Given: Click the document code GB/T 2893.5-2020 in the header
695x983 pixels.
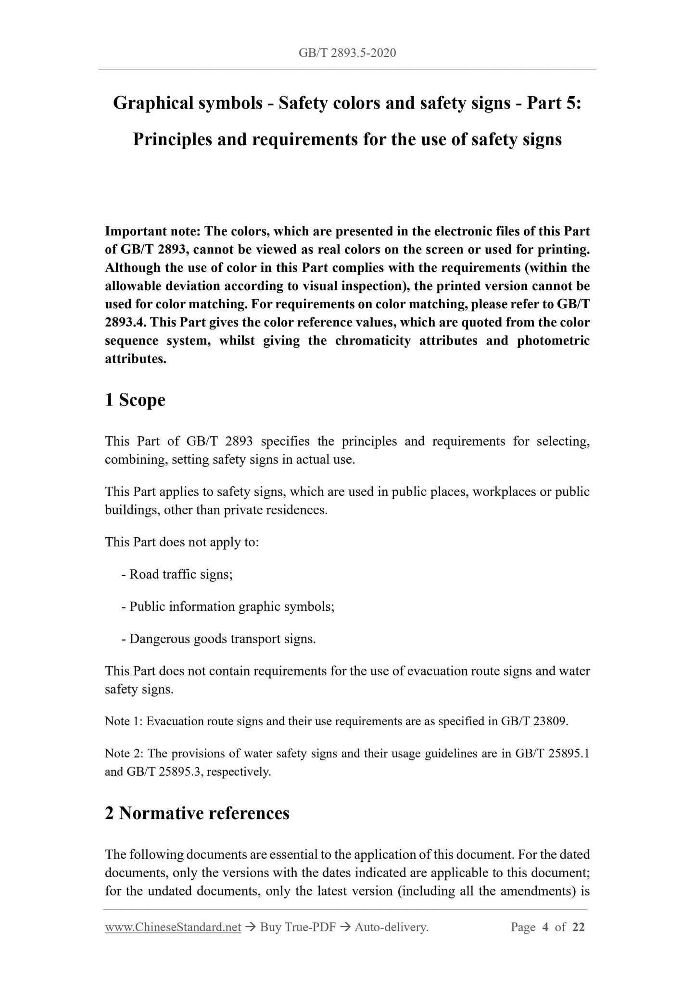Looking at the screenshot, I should click(347, 53).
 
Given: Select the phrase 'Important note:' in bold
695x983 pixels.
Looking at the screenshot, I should click(153, 231).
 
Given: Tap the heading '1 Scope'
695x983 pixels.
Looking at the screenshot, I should click(135, 400).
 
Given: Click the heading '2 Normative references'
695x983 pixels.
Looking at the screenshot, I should click(197, 813).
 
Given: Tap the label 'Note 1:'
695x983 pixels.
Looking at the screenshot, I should click(124, 721).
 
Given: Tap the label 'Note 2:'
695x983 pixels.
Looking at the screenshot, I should click(124, 754).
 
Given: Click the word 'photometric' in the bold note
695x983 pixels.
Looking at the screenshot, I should click(553, 341).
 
